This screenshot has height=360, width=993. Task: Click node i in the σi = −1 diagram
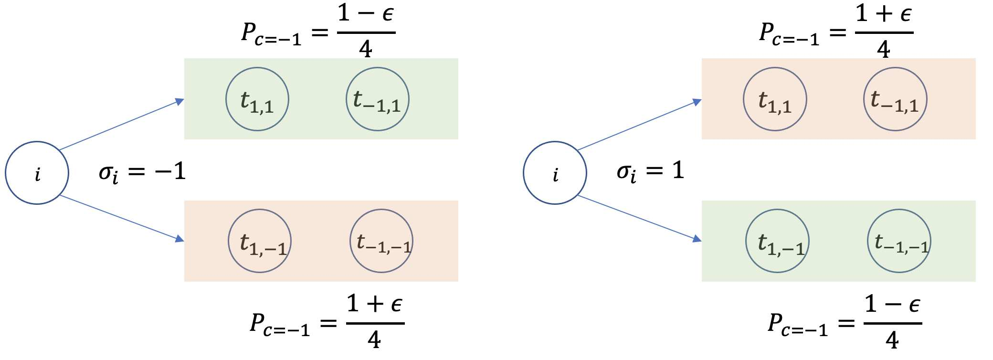click(37, 173)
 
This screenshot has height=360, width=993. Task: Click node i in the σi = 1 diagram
click(555, 173)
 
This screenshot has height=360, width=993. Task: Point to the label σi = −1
click(142, 172)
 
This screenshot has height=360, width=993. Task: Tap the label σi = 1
click(650, 171)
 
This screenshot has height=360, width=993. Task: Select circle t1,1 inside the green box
click(257, 99)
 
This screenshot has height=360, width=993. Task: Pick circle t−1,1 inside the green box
click(377, 99)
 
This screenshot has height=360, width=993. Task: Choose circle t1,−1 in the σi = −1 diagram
click(260, 241)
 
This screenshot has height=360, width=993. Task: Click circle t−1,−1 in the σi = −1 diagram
click(381, 241)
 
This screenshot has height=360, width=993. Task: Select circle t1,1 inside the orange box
click(775, 99)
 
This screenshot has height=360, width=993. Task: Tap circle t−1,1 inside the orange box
click(895, 99)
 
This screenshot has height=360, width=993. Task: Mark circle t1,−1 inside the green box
click(777, 241)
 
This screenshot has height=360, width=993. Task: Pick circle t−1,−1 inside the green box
click(899, 241)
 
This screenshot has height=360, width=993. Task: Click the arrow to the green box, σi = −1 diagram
click(122, 125)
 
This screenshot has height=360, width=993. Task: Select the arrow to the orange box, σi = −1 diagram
click(122, 218)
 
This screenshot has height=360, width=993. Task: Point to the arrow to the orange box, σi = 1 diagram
click(640, 125)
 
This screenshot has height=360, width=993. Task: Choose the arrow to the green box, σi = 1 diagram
click(640, 218)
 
